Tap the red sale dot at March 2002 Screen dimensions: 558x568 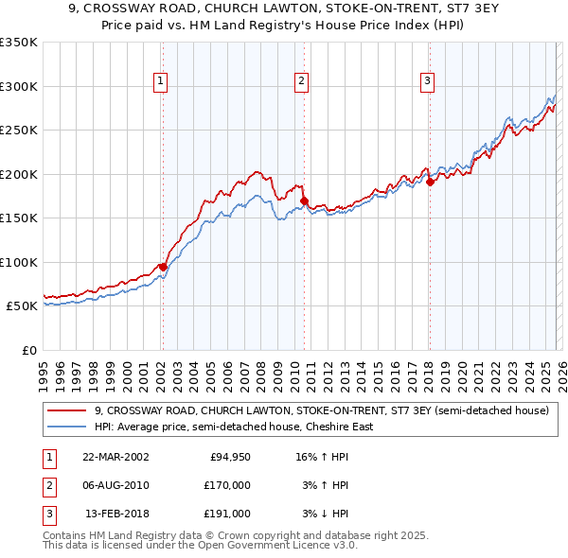(163, 267)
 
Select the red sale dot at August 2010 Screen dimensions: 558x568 (304, 201)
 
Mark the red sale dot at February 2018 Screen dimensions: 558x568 (430, 182)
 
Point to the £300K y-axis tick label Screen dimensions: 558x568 (19, 86)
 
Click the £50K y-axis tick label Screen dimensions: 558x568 (22, 306)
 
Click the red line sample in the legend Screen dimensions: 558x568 (67, 411)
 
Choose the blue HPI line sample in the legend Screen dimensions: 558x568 (67, 427)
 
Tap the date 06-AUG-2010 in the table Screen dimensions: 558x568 (115, 485)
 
